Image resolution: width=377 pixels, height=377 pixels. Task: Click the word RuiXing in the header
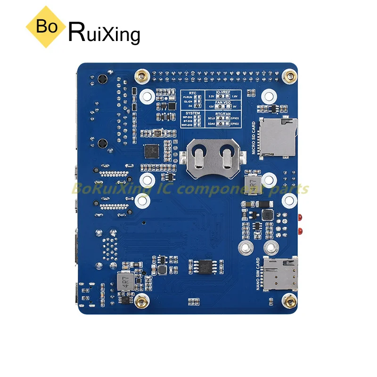point(105,33)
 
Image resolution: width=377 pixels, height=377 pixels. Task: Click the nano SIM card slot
point(280,275)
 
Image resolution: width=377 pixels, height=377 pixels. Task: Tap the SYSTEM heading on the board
point(192,113)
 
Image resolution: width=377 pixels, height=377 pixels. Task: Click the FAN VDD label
point(222,101)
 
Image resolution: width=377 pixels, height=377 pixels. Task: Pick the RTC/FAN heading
point(222,113)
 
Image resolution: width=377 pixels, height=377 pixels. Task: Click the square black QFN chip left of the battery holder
point(152,152)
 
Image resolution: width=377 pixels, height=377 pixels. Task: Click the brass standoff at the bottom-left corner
point(140,301)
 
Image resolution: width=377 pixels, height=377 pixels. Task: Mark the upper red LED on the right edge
point(300,218)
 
